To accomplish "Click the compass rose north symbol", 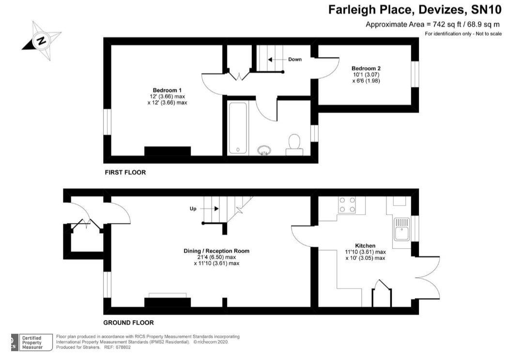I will click(x=42, y=41).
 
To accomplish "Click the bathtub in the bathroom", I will click(x=237, y=128).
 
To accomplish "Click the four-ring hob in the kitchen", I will click(x=347, y=204).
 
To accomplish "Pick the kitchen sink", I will click(x=402, y=229).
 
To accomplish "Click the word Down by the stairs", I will click(x=295, y=60).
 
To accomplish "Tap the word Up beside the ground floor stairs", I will click(x=192, y=209).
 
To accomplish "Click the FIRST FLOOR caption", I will click(x=125, y=172).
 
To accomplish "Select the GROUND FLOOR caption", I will click(x=128, y=323).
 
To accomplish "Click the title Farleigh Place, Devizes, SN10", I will click(x=415, y=10).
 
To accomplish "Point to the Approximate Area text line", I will click(x=432, y=24).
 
